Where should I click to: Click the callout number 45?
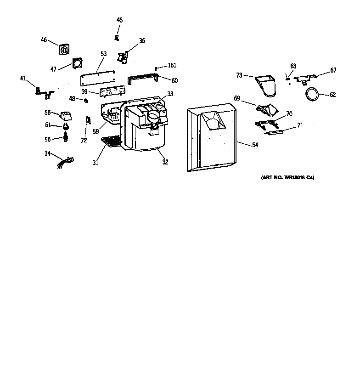click(x=119, y=20)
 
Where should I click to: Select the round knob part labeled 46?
click(x=64, y=49)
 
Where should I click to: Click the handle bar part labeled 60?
click(x=143, y=80)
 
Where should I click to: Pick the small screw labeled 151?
click(x=156, y=69)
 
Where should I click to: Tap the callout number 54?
click(x=254, y=145)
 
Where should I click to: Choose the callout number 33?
click(x=170, y=94)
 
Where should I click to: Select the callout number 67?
click(x=333, y=70)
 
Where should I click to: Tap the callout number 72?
click(x=84, y=141)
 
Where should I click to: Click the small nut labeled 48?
click(x=86, y=101)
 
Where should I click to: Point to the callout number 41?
click(x=23, y=78)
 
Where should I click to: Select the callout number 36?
click(x=142, y=40)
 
